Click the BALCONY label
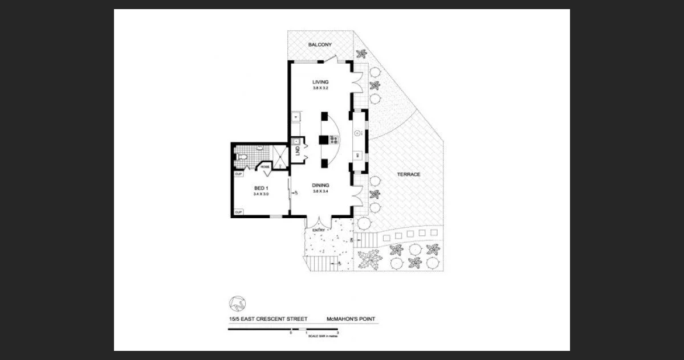coord(320,44)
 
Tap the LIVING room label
coord(320,82)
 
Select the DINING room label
coord(320,185)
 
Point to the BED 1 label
coord(261,188)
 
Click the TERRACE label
coord(409,174)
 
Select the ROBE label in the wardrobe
coord(265,166)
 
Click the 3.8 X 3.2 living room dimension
coord(320,88)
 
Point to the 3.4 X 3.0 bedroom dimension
coord(261,194)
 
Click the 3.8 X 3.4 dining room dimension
coord(320,191)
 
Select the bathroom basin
coord(260,148)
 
